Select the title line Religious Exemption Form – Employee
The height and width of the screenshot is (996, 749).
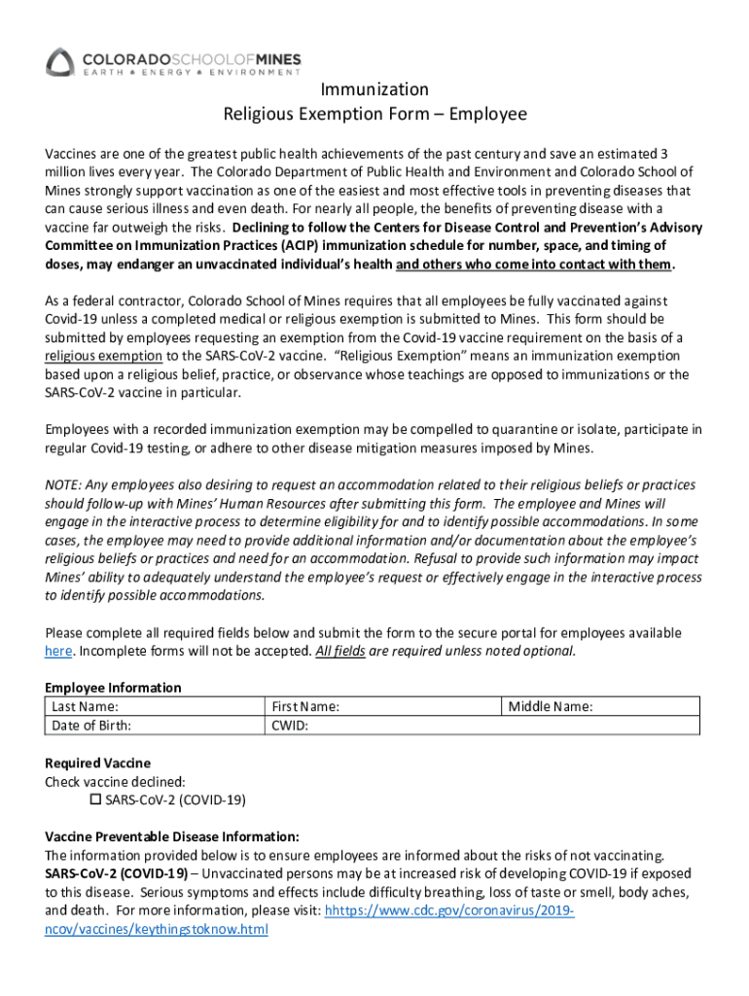pos(374,115)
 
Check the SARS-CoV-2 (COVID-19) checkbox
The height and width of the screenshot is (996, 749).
pos(95,800)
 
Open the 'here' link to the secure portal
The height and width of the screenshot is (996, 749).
pos(58,651)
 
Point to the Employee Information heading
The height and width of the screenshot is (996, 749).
pos(113,688)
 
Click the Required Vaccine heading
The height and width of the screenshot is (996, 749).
pos(98,763)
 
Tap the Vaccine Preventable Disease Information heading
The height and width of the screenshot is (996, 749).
pos(172,836)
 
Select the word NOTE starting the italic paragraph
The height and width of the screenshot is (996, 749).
pos(63,484)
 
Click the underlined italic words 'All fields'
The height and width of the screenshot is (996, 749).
pos(340,651)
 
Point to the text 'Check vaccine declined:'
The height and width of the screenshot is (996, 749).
pos(115,781)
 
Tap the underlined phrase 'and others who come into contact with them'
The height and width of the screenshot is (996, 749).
pos(534,265)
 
